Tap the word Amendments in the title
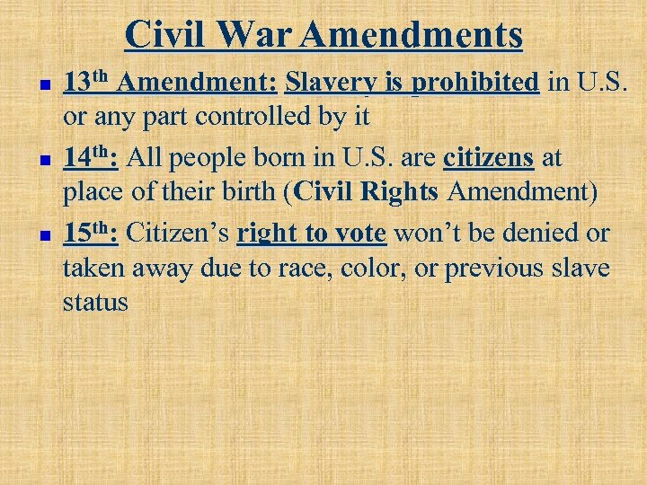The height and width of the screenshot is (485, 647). click(x=412, y=35)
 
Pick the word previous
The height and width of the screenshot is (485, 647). click(x=501, y=269)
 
